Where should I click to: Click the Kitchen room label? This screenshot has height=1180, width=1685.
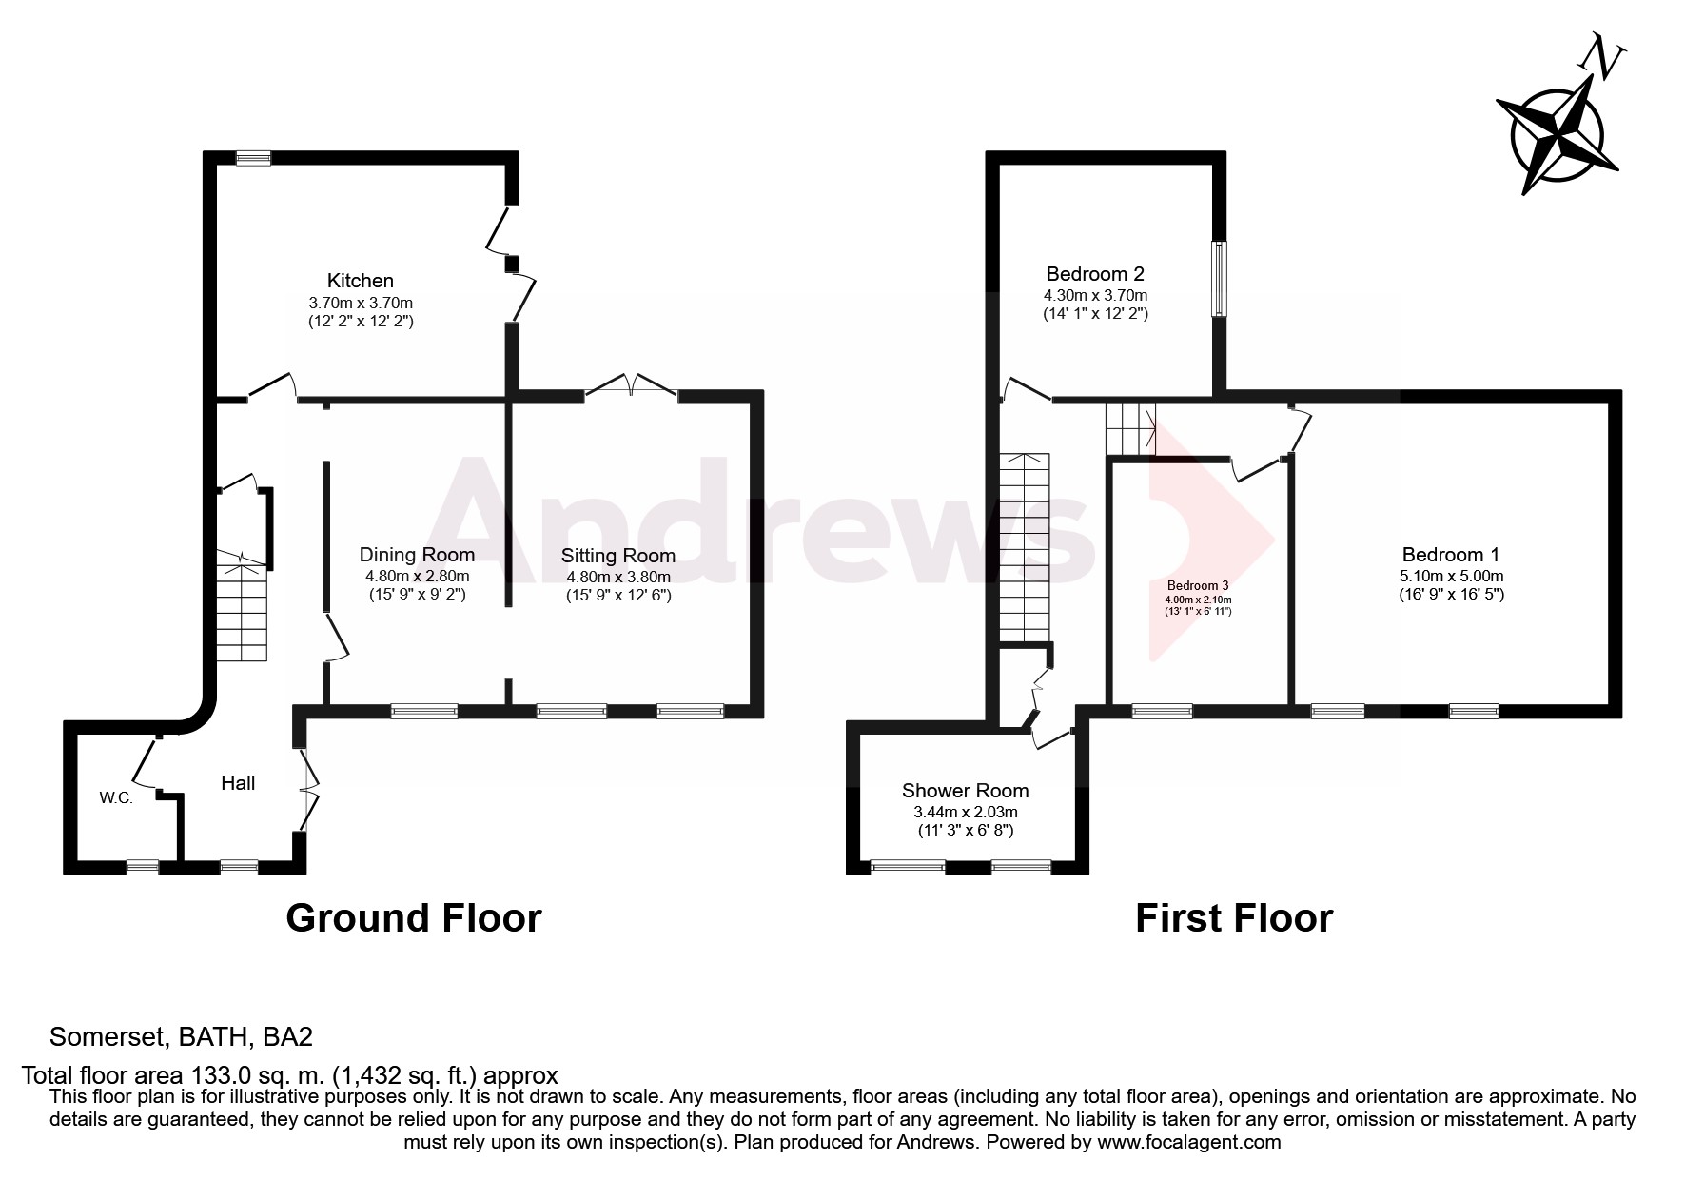pos(360,281)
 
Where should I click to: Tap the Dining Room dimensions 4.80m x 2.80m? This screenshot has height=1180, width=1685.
pos(417,576)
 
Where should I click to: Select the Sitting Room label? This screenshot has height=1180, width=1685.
pos(617,556)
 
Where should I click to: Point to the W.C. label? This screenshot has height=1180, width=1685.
pos(116,797)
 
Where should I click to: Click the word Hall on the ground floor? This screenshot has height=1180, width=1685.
pos(238,783)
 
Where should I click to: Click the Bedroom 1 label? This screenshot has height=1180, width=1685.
pos(1450,555)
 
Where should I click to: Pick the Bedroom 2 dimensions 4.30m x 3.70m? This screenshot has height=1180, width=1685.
pos(1096,295)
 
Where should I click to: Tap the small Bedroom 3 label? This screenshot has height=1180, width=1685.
pos(1198,585)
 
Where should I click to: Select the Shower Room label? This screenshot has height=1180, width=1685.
pos(965,791)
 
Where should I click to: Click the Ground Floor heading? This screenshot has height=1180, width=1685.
pos(413,918)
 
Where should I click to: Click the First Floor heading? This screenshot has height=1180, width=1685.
pos(1233,918)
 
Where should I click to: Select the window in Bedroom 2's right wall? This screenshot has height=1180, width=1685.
pos(1218,278)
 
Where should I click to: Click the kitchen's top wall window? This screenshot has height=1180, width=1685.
pos(253,159)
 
